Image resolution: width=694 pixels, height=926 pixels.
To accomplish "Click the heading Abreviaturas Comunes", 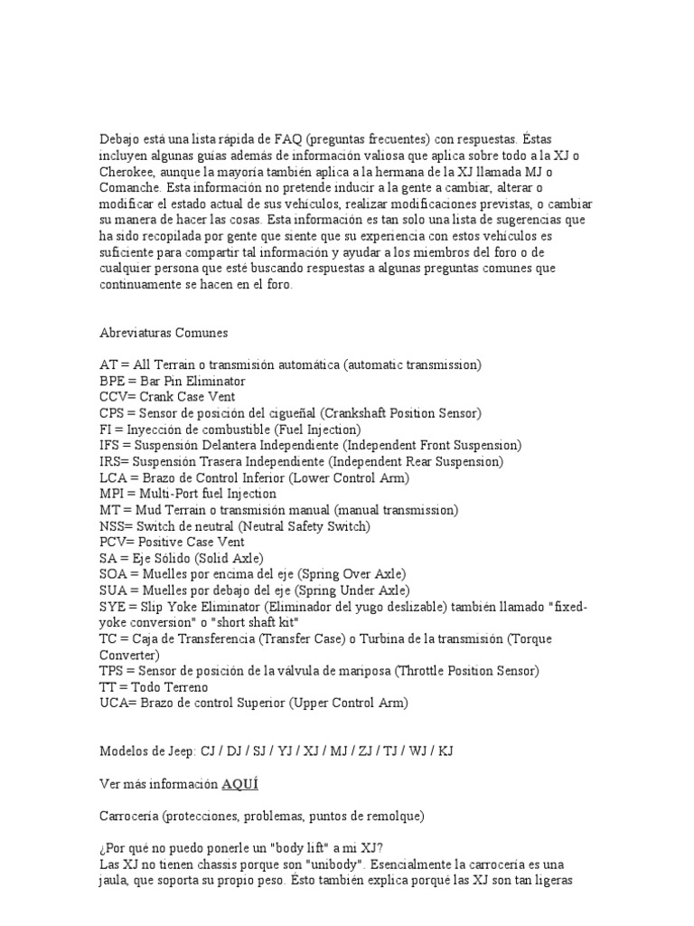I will pos(164,332).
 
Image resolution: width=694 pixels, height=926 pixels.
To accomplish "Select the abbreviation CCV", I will pos(113,397).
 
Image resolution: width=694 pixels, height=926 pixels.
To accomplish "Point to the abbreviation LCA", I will pos(113,477).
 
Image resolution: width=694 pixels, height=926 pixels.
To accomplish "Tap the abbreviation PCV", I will pos(113,543).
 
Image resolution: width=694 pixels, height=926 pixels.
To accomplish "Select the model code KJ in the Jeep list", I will pos(445,751).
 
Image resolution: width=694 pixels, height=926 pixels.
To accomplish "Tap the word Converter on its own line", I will pos(129,655).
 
